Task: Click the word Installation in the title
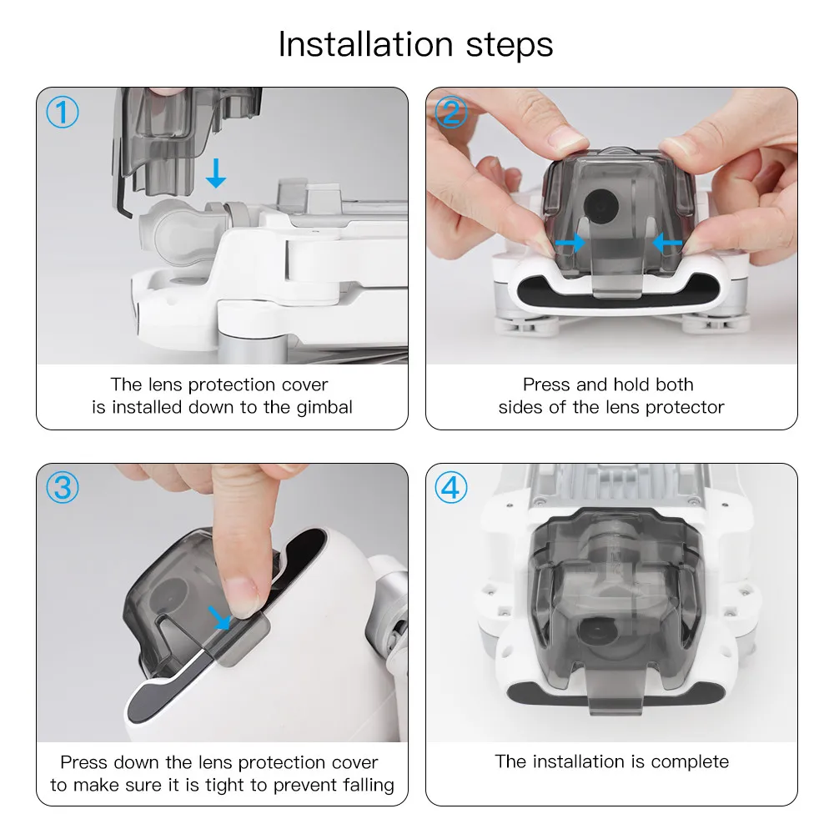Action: coord(366,44)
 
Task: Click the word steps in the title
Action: coord(510,46)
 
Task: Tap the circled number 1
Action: coord(63,113)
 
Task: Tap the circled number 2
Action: coord(451,113)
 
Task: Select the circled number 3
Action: coord(63,487)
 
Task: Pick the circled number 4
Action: coord(451,487)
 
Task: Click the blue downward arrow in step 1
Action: coord(216,173)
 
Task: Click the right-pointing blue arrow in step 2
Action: coord(570,243)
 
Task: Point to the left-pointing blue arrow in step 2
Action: coord(667,243)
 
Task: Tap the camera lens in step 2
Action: coord(601,206)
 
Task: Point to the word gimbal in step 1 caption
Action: coord(324,408)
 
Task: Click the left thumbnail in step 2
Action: coord(567,138)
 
